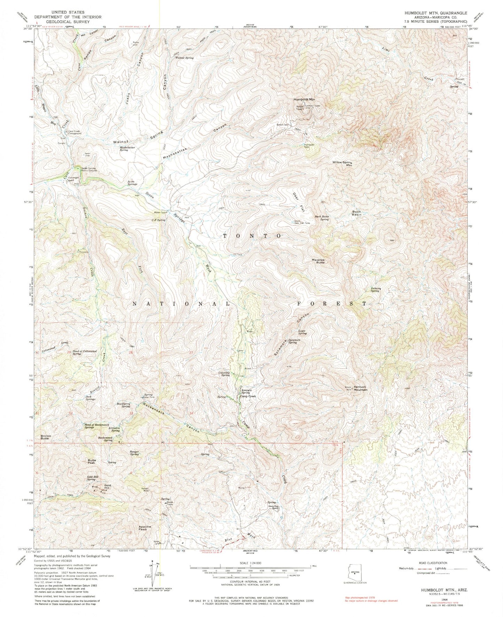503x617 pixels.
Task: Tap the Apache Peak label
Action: pyautogui.click(x=144, y=528)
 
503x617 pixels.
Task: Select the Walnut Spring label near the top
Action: pyautogui.click(x=184, y=58)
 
